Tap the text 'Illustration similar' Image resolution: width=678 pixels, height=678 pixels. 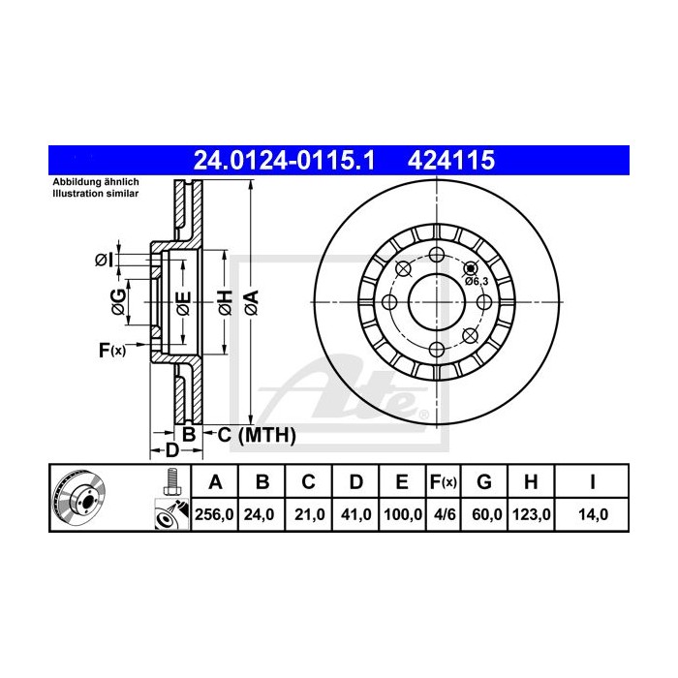pyautogui.click(x=95, y=194)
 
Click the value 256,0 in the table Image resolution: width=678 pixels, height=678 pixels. pyautogui.click(x=214, y=515)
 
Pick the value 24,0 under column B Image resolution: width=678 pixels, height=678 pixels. pyautogui.click(x=262, y=515)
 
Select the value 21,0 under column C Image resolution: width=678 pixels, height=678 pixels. pyautogui.click(x=308, y=515)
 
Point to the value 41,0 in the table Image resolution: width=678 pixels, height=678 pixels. pyautogui.click(x=354, y=515)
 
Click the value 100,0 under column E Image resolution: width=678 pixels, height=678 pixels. pyautogui.click(x=402, y=515)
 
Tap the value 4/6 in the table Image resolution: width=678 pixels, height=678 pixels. pyautogui.click(x=445, y=515)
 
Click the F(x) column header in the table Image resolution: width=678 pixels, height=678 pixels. pyautogui.click(x=445, y=481)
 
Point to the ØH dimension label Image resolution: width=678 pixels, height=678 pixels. pyautogui.click(x=223, y=302)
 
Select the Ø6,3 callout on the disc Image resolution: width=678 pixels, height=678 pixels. pyautogui.click(x=475, y=280)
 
